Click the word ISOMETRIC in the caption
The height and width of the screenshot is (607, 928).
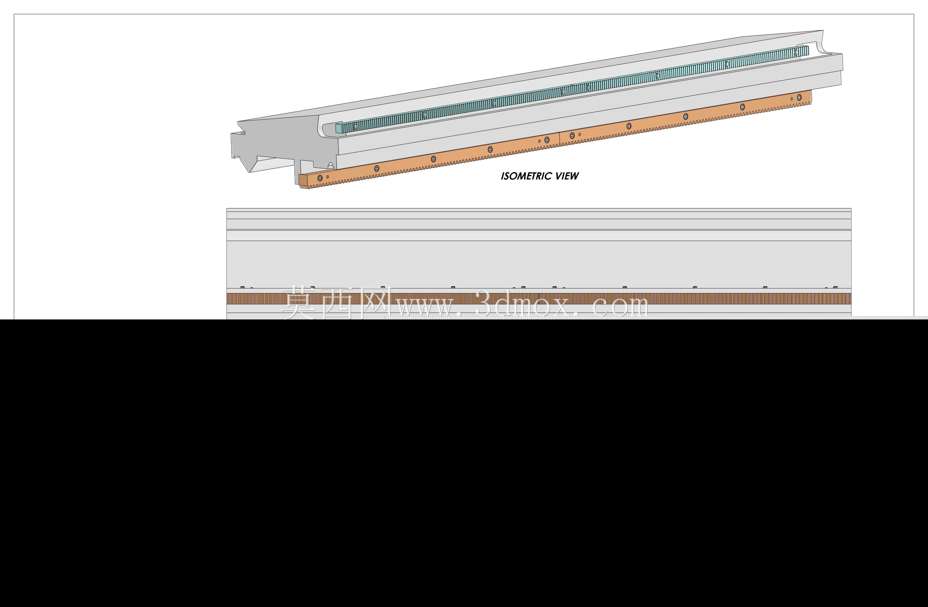pyautogui.click(x=526, y=176)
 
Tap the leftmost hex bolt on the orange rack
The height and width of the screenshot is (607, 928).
pyautogui.click(x=320, y=178)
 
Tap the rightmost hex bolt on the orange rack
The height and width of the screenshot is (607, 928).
pyautogui.click(x=799, y=97)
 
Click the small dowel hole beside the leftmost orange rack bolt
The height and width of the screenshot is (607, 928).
pyautogui.click(x=327, y=177)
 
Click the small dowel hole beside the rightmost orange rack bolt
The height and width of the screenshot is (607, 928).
pyautogui.click(x=791, y=99)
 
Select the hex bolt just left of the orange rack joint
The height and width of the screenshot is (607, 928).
pyautogui.click(x=547, y=140)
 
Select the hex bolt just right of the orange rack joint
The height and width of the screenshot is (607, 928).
pyautogui.click(x=572, y=135)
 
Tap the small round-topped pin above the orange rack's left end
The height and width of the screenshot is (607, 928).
pyautogui.click(x=331, y=166)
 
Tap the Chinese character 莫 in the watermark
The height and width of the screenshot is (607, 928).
pyautogui.click(x=299, y=303)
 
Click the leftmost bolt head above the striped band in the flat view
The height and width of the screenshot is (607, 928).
pyautogui.click(x=242, y=288)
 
